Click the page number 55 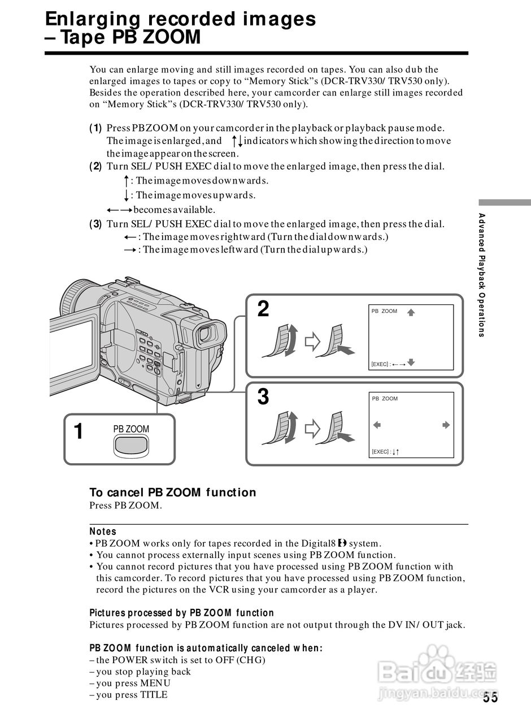click(490, 698)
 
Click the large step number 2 click(263, 310)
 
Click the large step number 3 click(263, 397)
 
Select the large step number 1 click(79, 432)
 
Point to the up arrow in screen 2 click(411, 311)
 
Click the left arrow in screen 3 click(378, 425)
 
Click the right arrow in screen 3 click(446, 425)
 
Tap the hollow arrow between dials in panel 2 click(312, 341)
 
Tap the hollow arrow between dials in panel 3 click(312, 429)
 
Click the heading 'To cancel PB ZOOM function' click(173, 493)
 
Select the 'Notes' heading click(103, 532)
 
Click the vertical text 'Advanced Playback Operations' click(482, 275)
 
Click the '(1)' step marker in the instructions click(95, 128)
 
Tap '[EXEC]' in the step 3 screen click(380, 452)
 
